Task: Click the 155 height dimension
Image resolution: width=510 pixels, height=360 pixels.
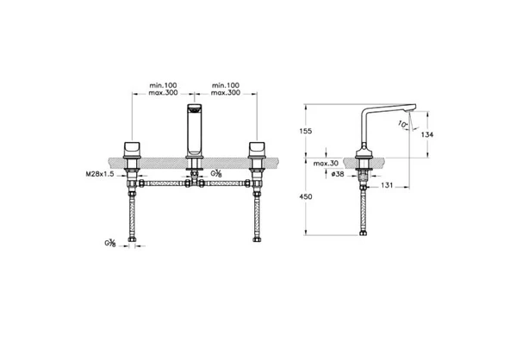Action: pyautogui.click(x=306, y=131)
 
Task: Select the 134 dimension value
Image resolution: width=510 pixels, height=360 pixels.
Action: pyautogui.click(x=427, y=134)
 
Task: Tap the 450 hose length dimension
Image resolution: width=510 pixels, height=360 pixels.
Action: pyautogui.click(x=306, y=196)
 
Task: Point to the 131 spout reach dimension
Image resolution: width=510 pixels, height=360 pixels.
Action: pyautogui.click(x=387, y=185)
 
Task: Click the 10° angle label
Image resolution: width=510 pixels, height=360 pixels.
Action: pyautogui.click(x=402, y=124)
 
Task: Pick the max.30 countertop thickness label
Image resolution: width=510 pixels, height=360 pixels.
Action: pyautogui.click(x=326, y=164)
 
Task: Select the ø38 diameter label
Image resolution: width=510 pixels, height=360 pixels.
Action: pyautogui.click(x=338, y=174)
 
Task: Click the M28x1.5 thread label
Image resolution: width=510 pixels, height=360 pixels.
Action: pyautogui.click(x=100, y=174)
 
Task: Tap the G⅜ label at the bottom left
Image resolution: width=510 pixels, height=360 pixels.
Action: pyautogui.click(x=110, y=243)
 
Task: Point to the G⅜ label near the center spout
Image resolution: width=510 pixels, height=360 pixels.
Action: pyautogui.click(x=216, y=173)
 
